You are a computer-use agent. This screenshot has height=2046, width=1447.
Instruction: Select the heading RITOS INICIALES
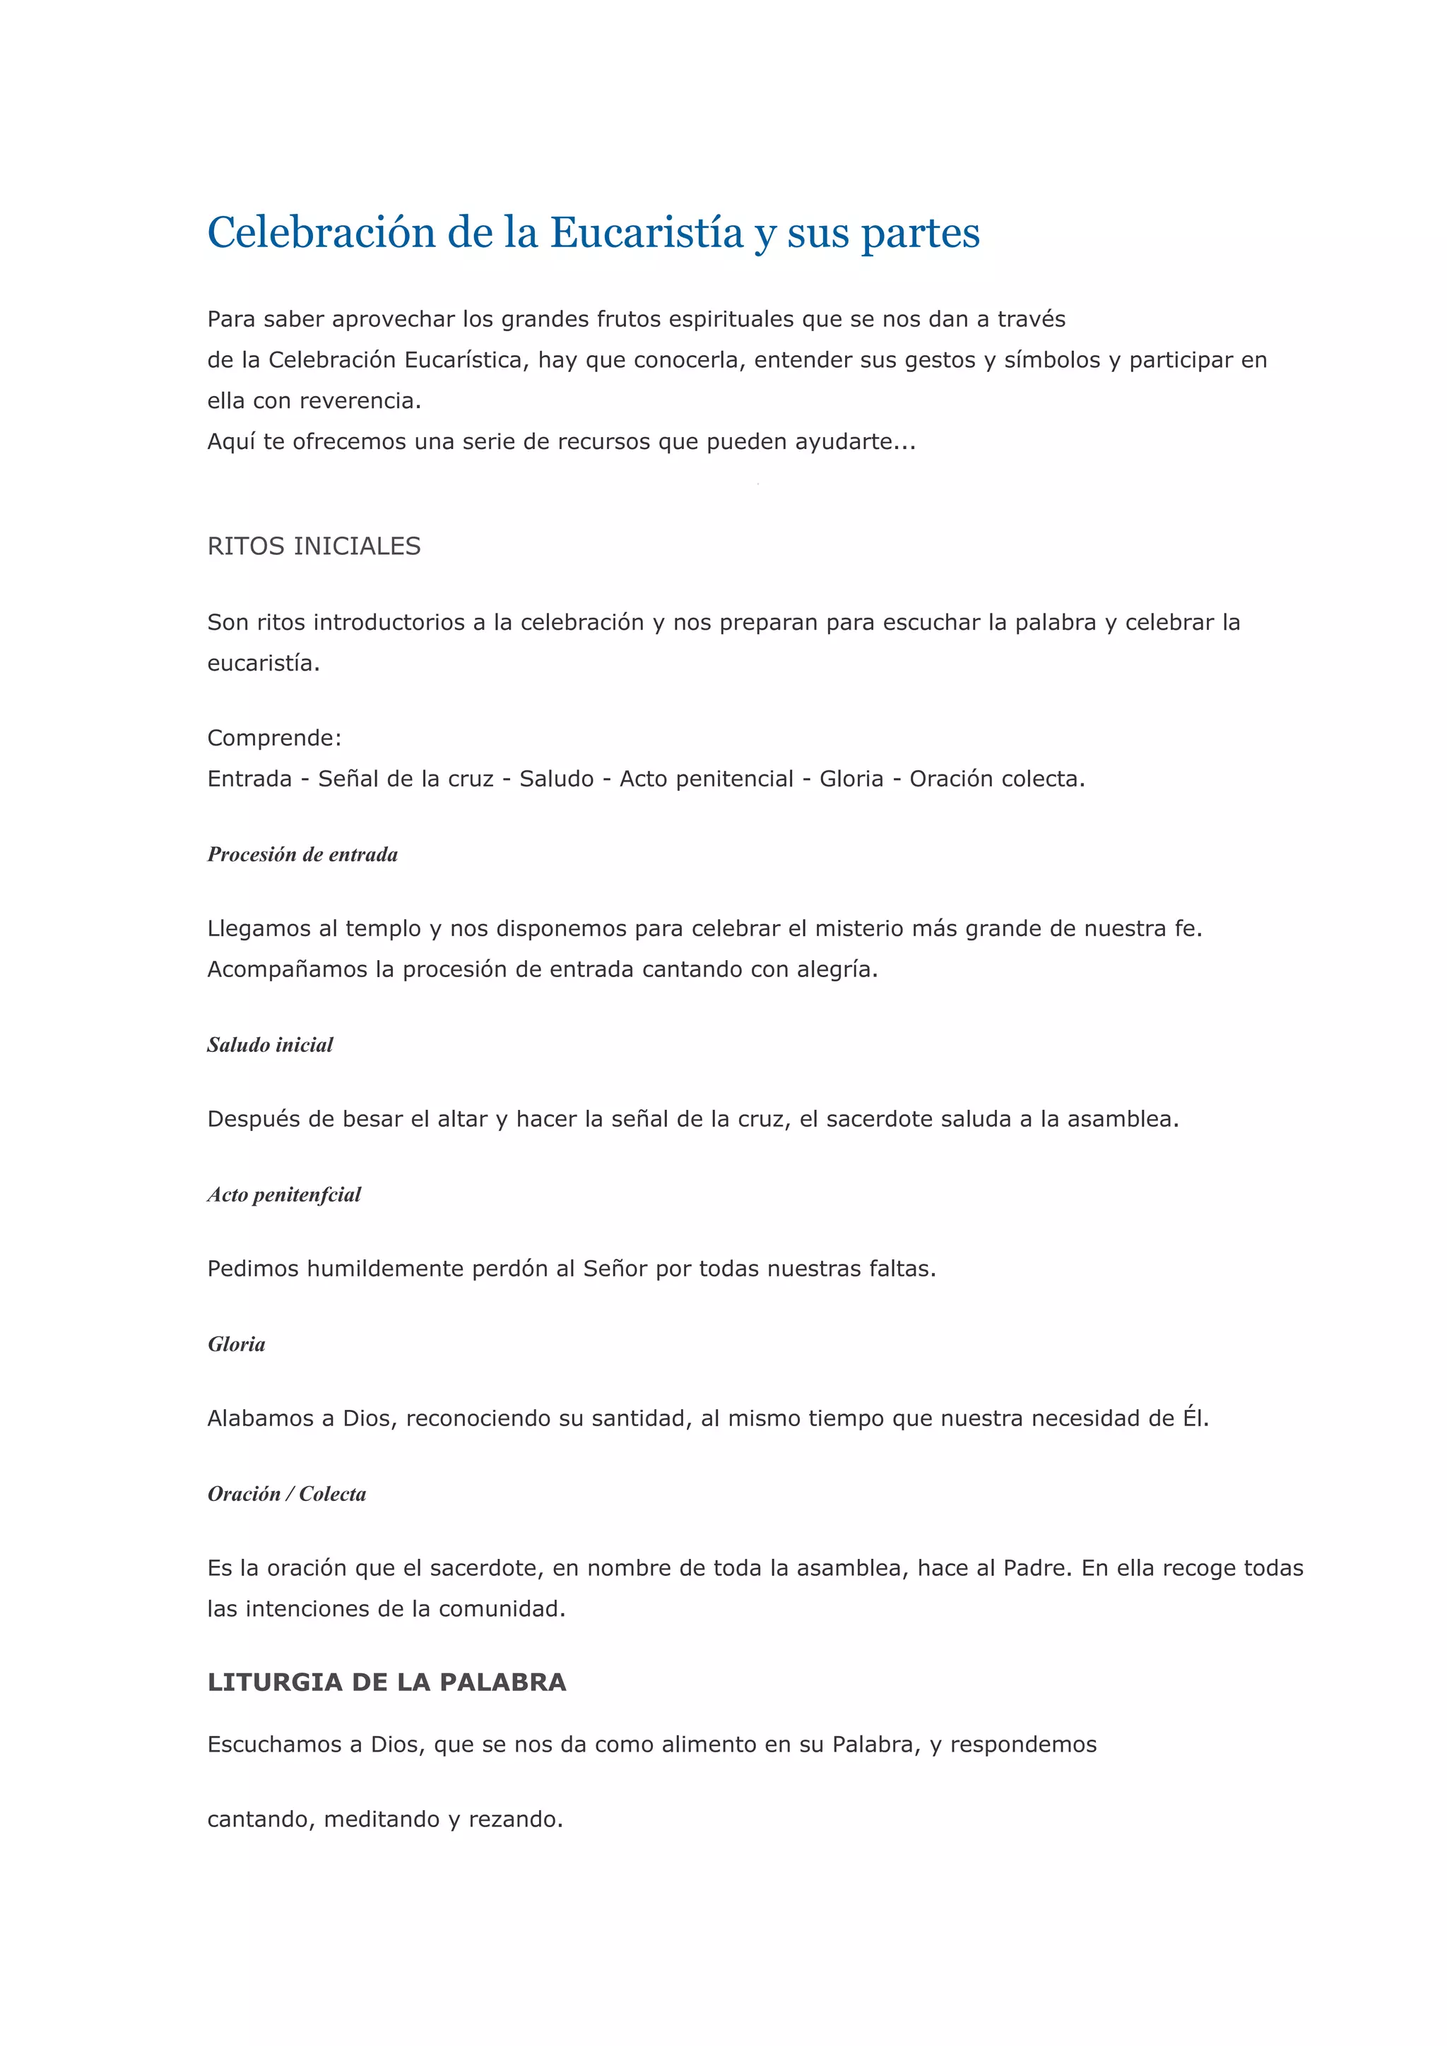click(314, 546)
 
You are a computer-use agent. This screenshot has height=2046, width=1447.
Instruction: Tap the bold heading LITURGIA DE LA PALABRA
click(386, 1682)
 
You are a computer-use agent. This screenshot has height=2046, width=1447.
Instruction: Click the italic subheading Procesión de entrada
click(302, 854)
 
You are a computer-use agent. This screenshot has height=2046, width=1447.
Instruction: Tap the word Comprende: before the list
click(273, 738)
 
